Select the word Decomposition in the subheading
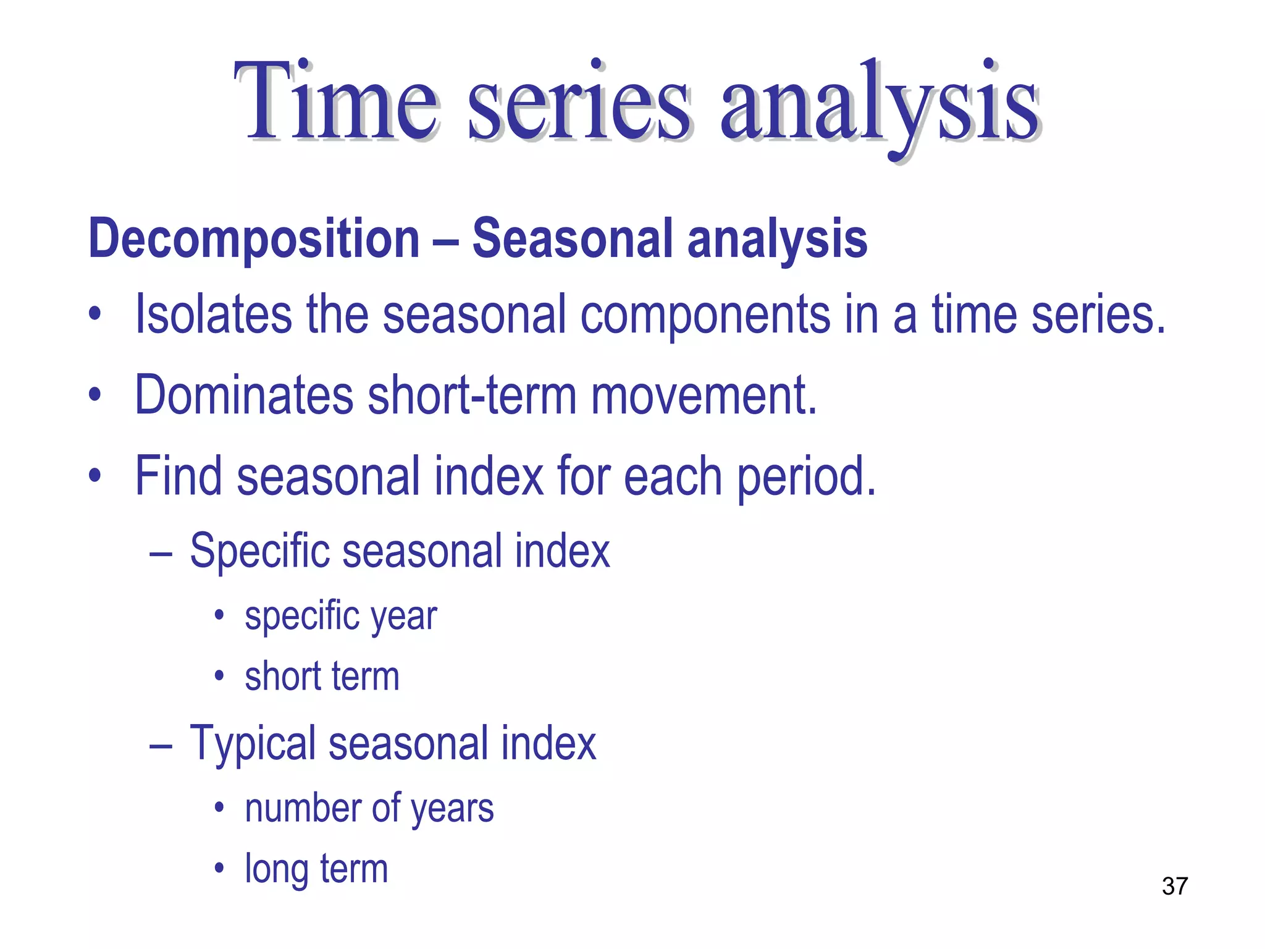(x=254, y=239)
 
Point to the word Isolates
(x=213, y=314)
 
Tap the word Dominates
(x=244, y=395)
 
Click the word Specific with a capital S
(x=260, y=551)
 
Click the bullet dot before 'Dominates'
(x=94, y=394)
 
